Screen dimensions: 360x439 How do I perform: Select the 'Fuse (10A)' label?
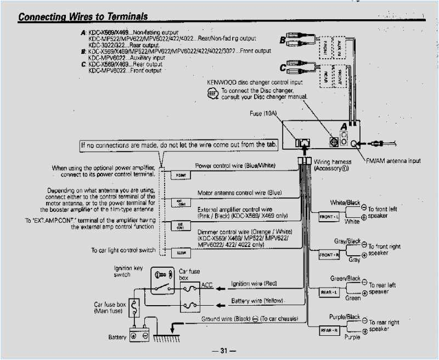264,113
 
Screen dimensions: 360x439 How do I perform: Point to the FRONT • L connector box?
329,217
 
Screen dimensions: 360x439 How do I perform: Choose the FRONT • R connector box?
329,255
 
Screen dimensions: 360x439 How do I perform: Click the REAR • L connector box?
329,293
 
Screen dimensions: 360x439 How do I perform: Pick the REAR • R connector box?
329,330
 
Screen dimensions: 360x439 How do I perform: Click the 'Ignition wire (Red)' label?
254,284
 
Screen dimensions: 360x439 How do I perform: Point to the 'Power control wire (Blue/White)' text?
235,165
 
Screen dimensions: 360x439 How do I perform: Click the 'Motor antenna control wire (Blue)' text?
239,193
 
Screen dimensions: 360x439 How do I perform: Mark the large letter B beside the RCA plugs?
282,40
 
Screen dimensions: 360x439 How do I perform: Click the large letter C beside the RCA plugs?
283,69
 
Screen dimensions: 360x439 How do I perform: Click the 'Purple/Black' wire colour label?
344,317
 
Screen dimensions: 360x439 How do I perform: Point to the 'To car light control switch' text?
123,250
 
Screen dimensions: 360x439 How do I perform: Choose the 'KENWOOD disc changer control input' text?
254,82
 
